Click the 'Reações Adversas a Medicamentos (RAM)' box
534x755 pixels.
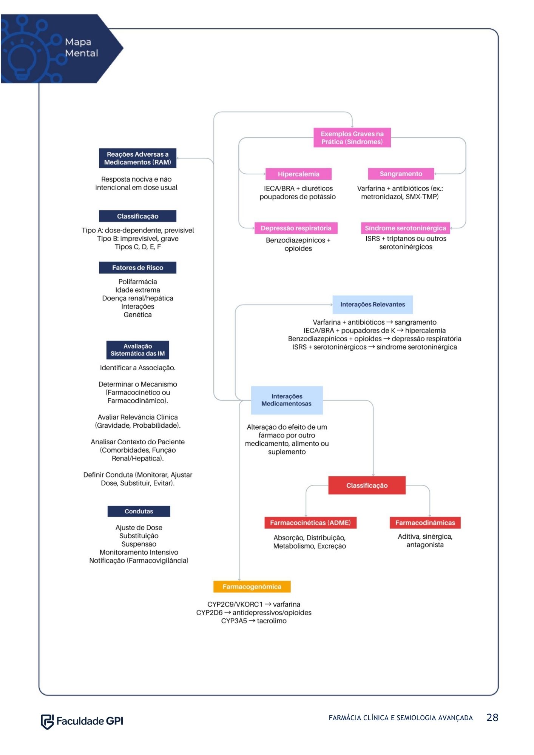[137, 158]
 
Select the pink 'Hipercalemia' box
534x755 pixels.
[298, 174]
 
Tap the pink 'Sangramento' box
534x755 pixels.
[401, 174]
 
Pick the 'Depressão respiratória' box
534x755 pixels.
[296, 228]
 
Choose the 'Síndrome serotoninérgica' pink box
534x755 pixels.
[405, 228]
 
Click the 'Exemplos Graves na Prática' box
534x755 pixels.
[352, 138]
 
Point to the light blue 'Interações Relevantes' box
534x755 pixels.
[372, 305]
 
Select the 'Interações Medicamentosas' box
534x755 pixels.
[287, 400]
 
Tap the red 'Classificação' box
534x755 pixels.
[367, 485]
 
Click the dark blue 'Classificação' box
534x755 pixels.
[137, 216]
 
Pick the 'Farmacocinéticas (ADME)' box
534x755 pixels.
[310, 523]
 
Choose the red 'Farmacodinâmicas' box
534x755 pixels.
[425, 523]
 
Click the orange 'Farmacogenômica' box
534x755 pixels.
[252, 587]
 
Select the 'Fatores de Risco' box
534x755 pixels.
[137, 268]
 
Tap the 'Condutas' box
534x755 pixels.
[139, 512]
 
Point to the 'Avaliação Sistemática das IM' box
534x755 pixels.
[137, 350]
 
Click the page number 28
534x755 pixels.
[492, 718]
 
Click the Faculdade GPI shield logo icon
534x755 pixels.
[47, 721]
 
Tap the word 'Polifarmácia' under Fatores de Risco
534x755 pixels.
[137, 282]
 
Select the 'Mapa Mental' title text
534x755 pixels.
[82, 48]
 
